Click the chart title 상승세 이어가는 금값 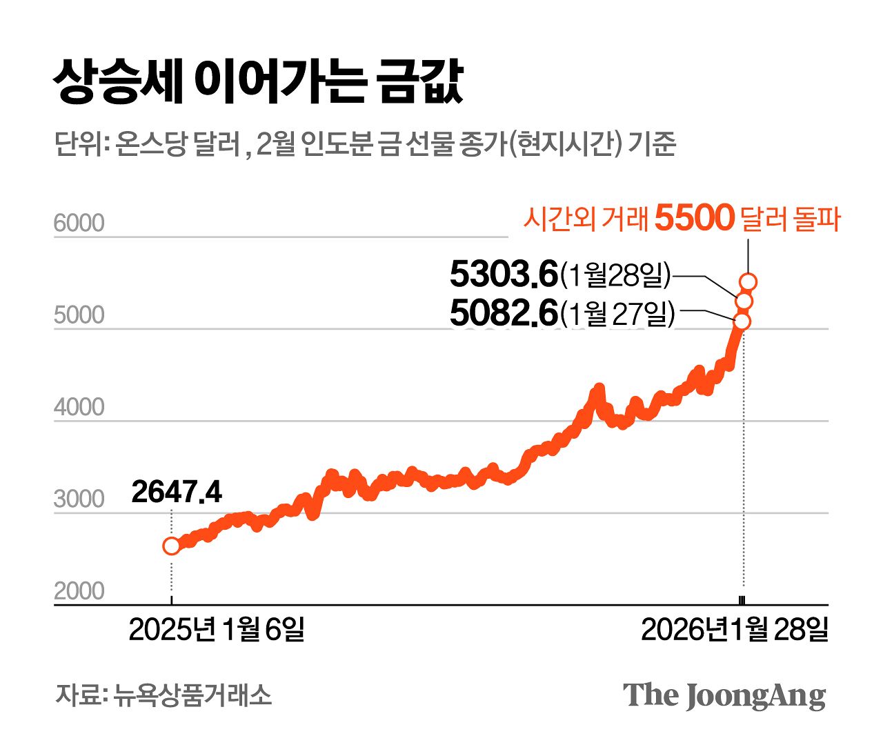coord(258,82)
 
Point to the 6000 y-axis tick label coord(79,223)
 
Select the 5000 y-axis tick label coord(79,315)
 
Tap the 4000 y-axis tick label coord(79,408)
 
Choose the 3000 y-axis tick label coord(79,499)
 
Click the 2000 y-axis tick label coord(79,591)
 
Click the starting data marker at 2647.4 coord(171,546)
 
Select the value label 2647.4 coord(177,493)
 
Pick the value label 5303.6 coord(503,275)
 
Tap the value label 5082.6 coord(503,313)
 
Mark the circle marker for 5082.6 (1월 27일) coord(742,321)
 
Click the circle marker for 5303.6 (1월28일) coord(744,301)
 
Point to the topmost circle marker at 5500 coord(748,281)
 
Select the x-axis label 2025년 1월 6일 coord(216,629)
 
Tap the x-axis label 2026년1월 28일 coord(734,629)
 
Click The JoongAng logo coord(724,695)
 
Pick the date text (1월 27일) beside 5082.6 coord(617,314)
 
